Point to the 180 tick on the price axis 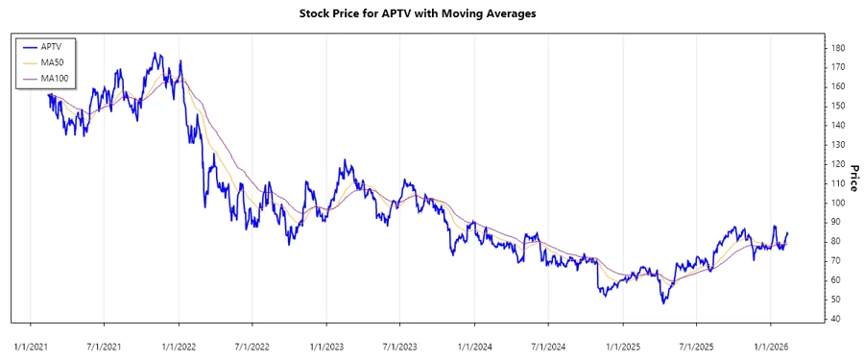tap(838, 48)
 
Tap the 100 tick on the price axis tap(838, 203)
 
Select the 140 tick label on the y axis tap(838, 126)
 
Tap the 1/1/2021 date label tap(31, 344)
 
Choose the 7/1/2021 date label tap(105, 344)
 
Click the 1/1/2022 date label tap(179, 344)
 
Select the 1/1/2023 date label tap(326, 344)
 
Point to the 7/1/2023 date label tap(400, 344)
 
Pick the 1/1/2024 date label tap(474, 344)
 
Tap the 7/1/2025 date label tap(697, 344)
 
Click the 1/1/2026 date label tap(771, 344)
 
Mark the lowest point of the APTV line tap(662, 303)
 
